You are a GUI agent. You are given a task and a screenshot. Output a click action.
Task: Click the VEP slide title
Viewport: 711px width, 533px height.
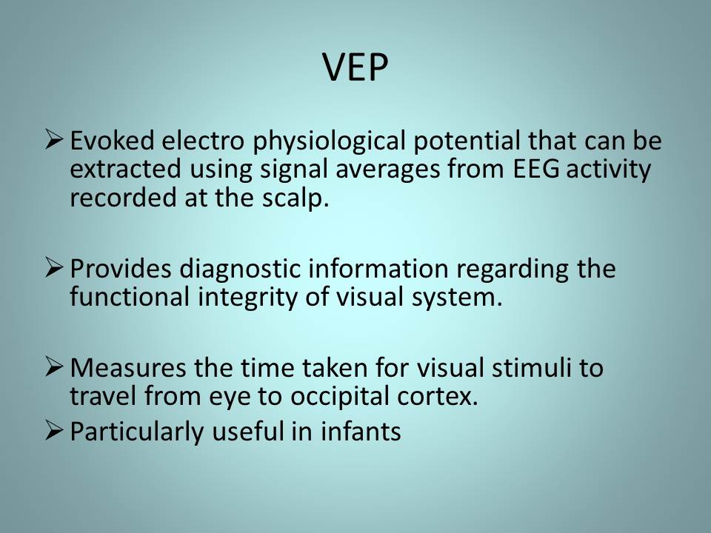(355, 67)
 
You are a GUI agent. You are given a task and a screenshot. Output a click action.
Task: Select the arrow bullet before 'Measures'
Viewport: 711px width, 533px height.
(54, 366)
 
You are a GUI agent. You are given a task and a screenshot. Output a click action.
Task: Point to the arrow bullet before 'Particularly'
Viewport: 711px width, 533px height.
(54, 430)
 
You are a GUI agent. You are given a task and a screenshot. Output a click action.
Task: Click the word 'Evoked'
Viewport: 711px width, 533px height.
(112, 141)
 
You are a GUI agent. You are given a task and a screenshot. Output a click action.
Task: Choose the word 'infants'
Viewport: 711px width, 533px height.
(361, 431)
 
